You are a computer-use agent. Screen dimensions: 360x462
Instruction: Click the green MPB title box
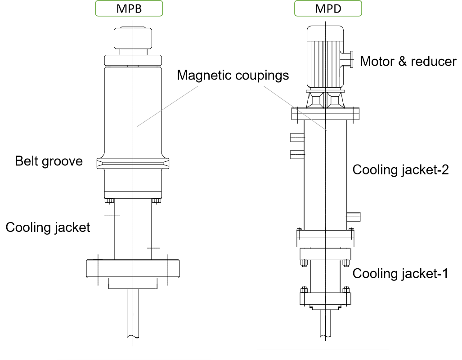pyautogui.click(x=129, y=9)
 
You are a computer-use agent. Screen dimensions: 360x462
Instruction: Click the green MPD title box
pyautogui.click(x=328, y=9)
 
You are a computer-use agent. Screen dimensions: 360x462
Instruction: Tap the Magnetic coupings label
pyautogui.click(x=233, y=75)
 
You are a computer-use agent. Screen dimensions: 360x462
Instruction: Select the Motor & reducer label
pyautogui.click(x=408, y=61)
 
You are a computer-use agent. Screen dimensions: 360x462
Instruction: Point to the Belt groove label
pyautogui.click(x=49, y=161)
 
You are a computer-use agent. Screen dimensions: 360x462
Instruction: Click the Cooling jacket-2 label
pyautogui.click(x=400, y=170)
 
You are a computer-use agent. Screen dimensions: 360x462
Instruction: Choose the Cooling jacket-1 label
pyautogui.click(x=400, y=273)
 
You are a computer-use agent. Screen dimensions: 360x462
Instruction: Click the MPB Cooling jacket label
pyautogui.click(x=48, y=227)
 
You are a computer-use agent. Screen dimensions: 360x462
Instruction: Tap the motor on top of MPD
pyautogui.click(x=325, y=57)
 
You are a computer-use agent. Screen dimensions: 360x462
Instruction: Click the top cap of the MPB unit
pyautogui.click(x=133, y=39)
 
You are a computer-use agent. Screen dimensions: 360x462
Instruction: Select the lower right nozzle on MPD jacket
pyautogui.click(x=354, y=216)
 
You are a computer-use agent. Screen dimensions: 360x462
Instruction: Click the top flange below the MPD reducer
pyautogui.click(x=326, y=114)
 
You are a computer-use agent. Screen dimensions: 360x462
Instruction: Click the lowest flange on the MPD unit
pyautogui.click(x=326, y=298)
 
